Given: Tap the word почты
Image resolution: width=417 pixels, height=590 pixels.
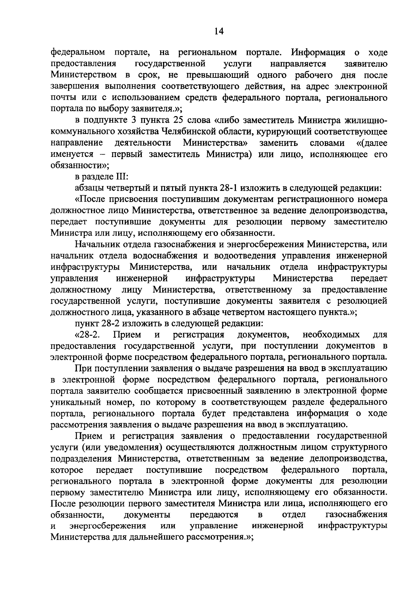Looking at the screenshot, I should pos(62,98).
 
